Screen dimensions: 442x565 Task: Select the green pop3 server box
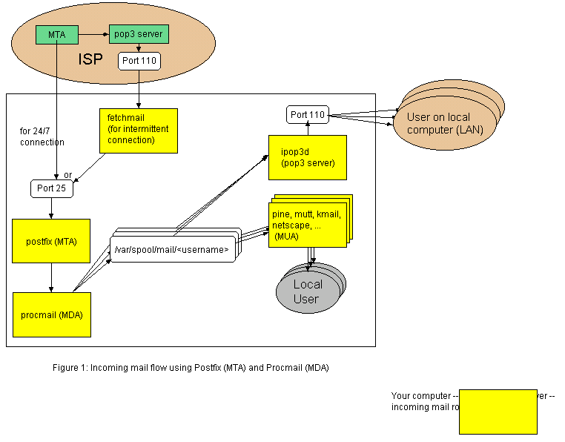139,34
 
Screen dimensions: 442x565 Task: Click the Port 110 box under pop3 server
139,61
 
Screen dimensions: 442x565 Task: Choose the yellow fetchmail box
139,131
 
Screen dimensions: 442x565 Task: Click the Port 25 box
51,188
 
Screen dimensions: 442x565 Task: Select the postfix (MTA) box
51,241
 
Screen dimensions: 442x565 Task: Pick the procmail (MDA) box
51,314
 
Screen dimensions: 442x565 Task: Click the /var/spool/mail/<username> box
171,250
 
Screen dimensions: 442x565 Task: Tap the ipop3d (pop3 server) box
307,157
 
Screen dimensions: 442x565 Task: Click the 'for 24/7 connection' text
42,136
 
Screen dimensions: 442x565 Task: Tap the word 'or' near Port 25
68,175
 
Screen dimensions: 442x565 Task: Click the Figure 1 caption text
191,368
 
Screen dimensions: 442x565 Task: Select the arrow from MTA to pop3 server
93,34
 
